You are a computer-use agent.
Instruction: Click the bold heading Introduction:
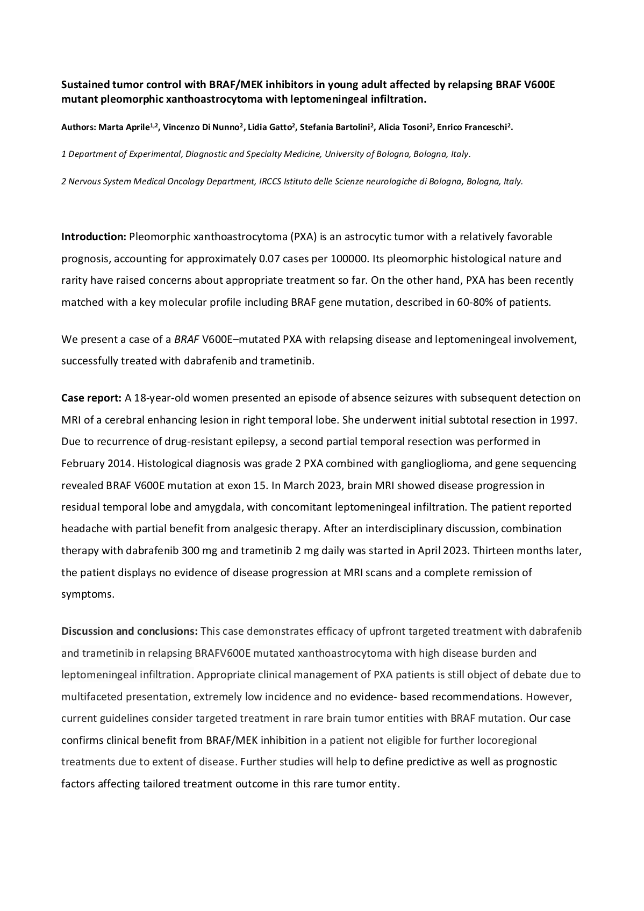pyautogui.click(x=94, y=237)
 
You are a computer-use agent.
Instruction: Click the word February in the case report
pyautogui.click(x=82, y=464)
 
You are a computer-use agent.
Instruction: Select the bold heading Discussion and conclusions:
pyautogui.click(x=130, y=632)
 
